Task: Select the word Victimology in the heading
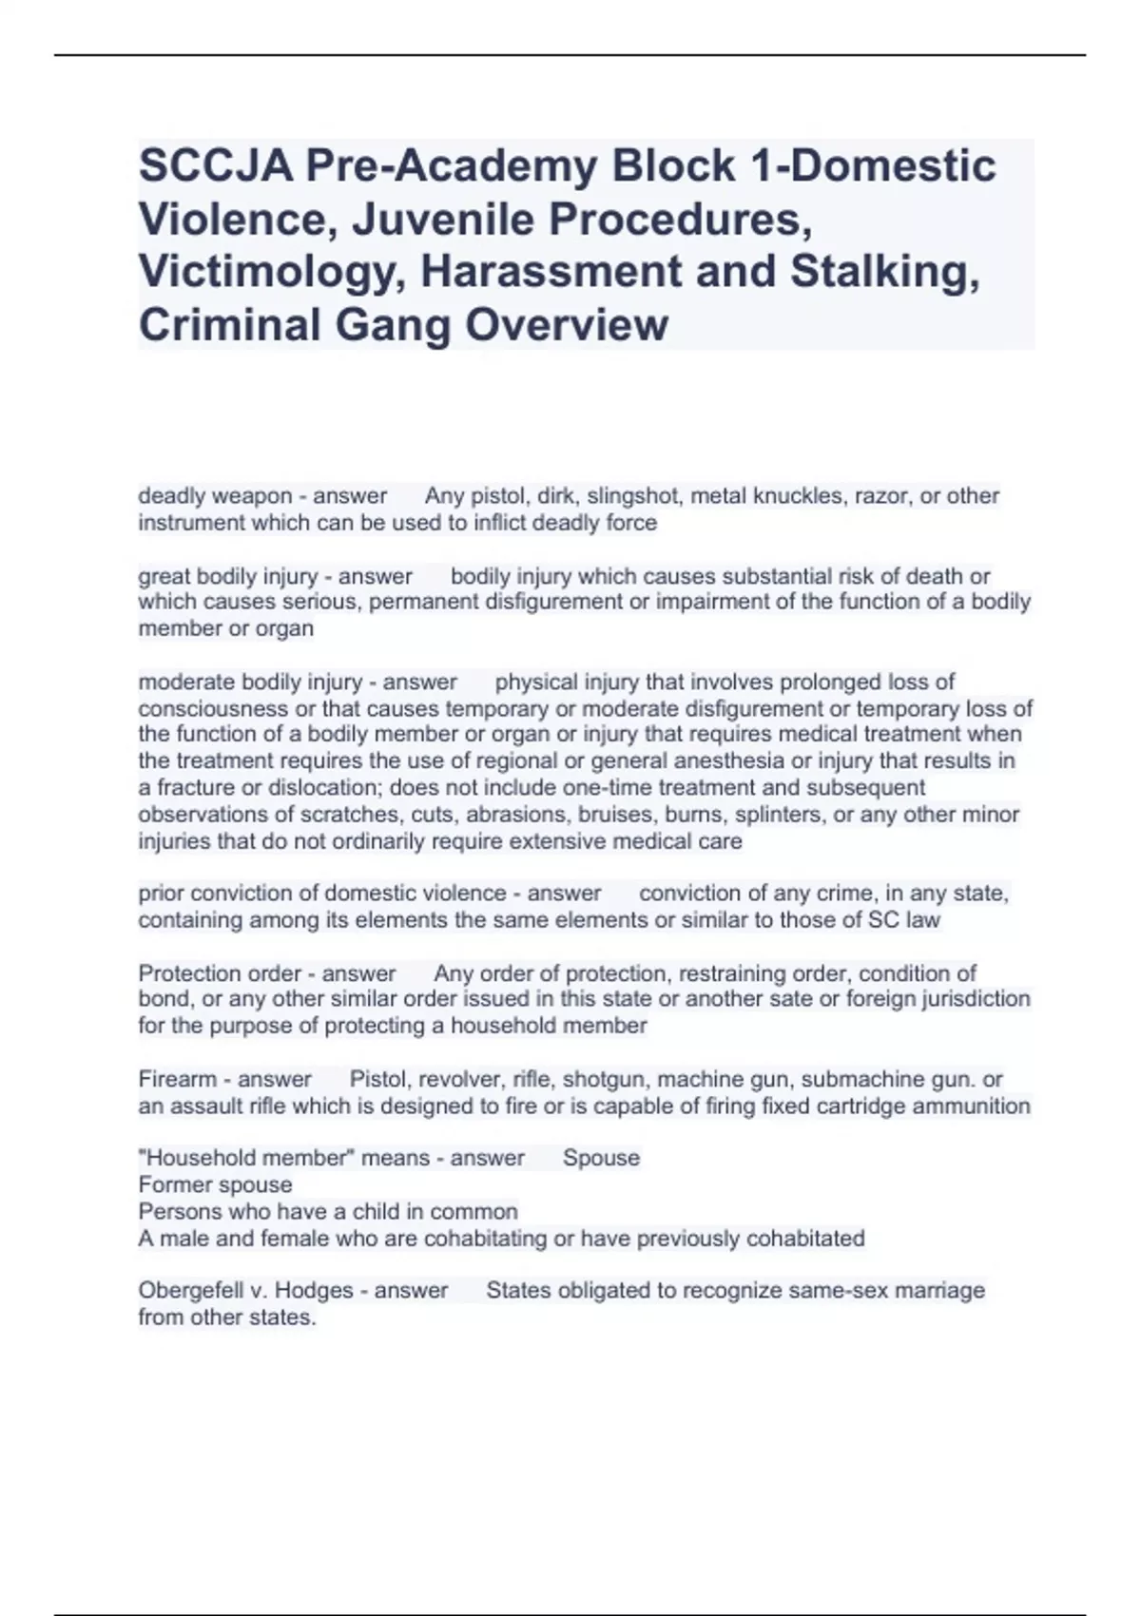pos(270,272)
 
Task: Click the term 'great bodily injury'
pos(227,576)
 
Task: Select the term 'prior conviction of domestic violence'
pos(322,894)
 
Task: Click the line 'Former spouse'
pos(215,1185)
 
